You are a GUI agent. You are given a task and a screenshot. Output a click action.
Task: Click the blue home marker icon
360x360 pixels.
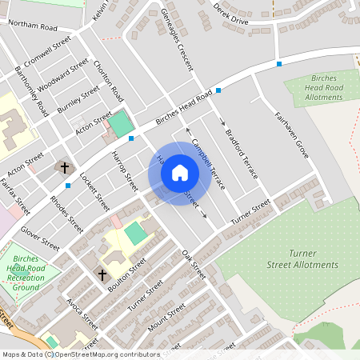(x=180, y=173)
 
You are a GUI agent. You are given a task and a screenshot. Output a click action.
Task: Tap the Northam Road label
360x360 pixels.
(x=33, y=26)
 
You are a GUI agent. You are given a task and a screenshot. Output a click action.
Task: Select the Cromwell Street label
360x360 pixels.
(x=48, y=49)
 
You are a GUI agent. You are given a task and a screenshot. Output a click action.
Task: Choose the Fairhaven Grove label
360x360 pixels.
(x=291, y=132)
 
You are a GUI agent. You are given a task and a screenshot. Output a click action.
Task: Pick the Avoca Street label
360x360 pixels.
(x=82, y=315)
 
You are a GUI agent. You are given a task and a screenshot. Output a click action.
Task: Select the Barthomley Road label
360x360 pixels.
(x=33, y=90)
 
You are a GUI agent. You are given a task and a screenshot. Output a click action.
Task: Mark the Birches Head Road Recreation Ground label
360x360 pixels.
(x=25, y=274)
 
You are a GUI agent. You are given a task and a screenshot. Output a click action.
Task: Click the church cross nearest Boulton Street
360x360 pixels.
(x=102, y=274)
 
